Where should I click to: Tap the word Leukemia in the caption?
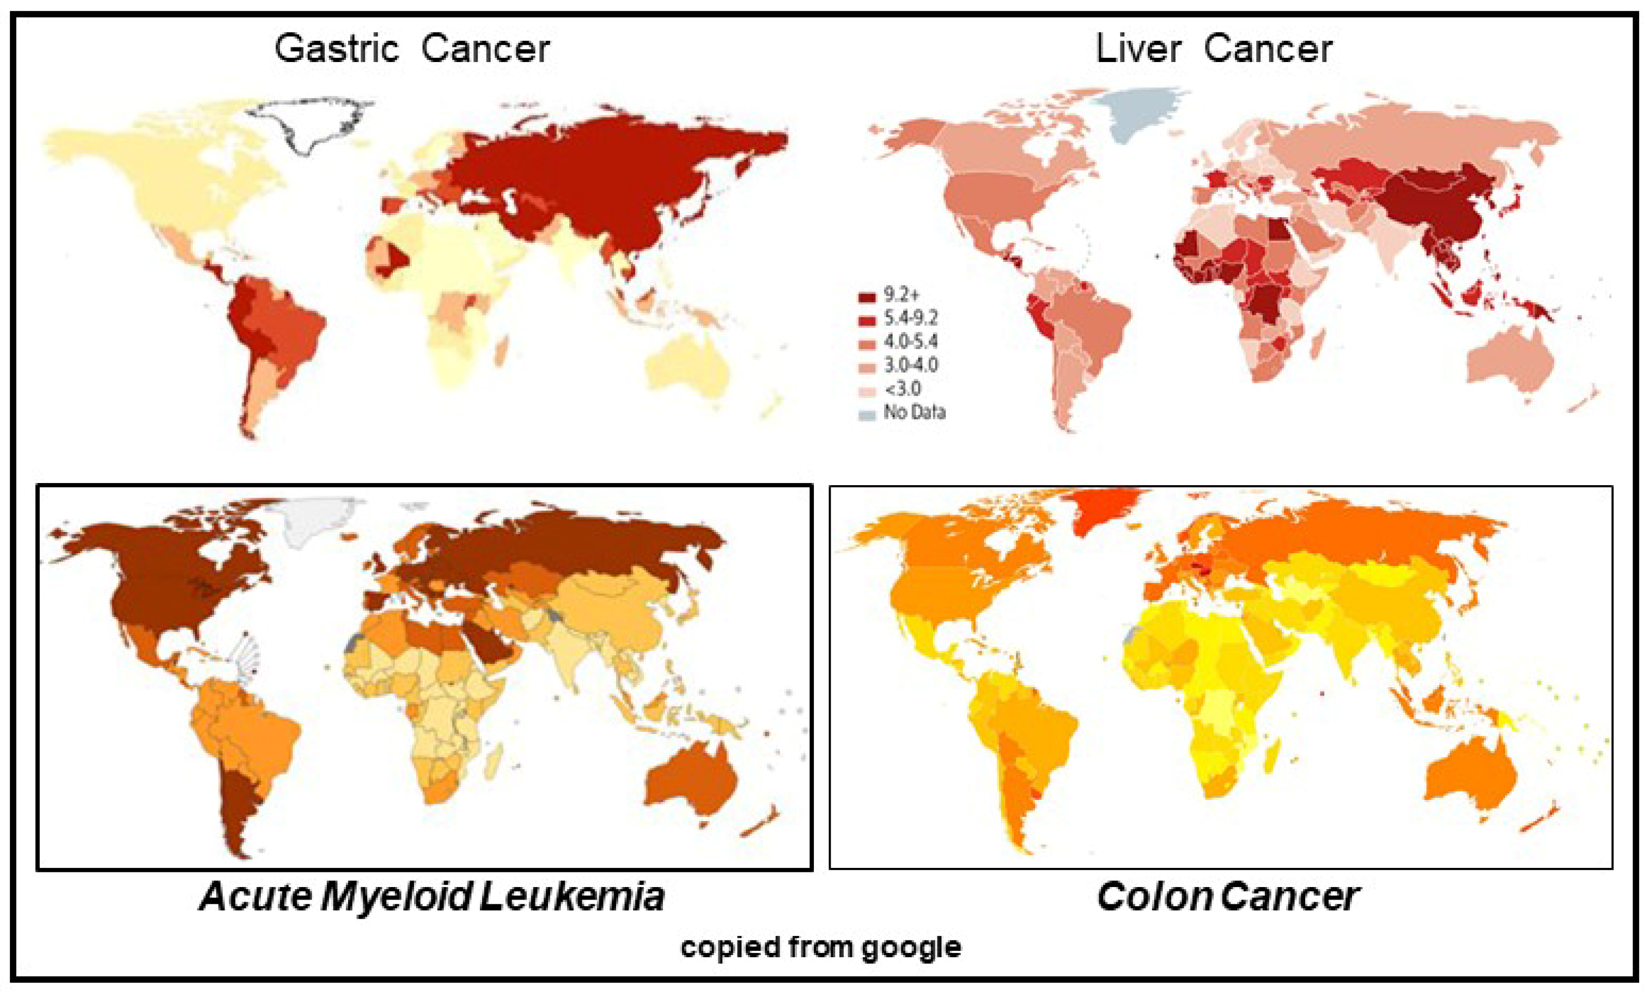[x=572, y=896]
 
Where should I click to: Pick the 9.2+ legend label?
[x=902, y=295]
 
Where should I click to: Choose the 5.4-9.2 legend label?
[x=910, y=319]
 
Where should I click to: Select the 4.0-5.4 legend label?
[x=910, y=342]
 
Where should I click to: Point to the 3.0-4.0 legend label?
[x=910, y=365]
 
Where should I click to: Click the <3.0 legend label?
[x=902, y=389]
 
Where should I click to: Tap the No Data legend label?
[x=914, y=412]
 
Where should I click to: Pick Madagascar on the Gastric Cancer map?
[x=502, y=351]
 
